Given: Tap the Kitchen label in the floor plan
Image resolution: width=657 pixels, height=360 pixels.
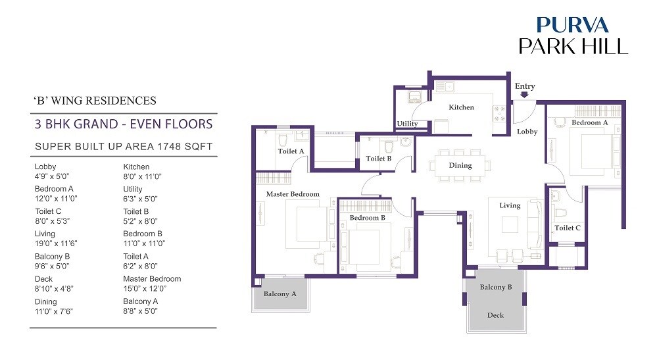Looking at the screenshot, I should (461, 107).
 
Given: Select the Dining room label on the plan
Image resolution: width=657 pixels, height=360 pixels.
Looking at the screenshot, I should (460, 165).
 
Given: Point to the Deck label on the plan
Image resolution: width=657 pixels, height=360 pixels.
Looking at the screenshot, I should (495, 315).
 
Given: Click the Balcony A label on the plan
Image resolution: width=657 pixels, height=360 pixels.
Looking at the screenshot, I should (280, 294).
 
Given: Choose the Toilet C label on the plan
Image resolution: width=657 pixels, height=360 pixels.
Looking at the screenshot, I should (568, 228).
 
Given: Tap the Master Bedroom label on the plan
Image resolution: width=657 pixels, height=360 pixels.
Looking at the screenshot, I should (293, 194).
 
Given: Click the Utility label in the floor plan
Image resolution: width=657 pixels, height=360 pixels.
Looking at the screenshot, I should (407, 124).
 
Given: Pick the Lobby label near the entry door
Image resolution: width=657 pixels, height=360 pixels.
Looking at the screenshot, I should (527, 132).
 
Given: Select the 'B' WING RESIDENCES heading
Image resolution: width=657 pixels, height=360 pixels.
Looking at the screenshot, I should (95, 101).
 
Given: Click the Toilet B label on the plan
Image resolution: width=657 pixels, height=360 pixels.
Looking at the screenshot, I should (379, 159).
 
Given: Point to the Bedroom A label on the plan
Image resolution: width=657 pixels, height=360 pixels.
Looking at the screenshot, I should (589, 122).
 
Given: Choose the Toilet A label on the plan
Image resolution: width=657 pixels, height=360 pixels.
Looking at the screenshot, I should (291, 151).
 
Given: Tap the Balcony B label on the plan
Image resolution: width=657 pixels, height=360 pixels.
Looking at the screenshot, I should (495, 287).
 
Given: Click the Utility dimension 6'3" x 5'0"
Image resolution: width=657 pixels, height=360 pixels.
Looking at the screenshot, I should (140, 199).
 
